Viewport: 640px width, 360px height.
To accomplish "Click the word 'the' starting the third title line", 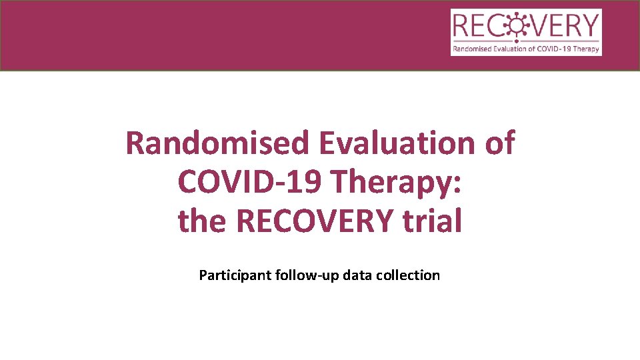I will coord(203,221).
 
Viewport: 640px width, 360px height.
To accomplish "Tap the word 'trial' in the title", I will coord(431,221).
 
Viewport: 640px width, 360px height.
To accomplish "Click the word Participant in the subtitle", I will coord(234,275).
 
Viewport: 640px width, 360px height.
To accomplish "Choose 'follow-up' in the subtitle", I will coord(307,275).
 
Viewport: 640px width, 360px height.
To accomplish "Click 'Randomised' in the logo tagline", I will coord(471,49).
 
